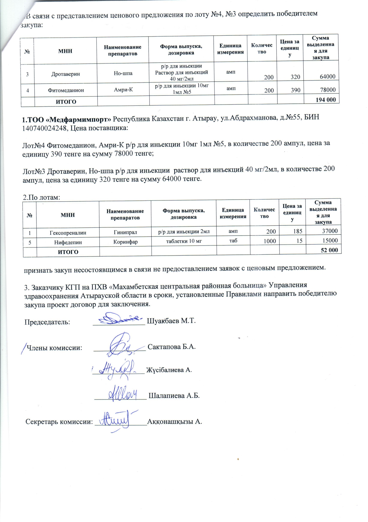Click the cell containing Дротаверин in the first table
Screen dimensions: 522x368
point(65,74)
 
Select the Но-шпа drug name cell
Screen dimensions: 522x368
point(123,73)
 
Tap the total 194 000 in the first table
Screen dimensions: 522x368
point(325,99)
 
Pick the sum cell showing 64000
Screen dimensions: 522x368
point(327,76)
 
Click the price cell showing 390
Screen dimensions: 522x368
point(295,90)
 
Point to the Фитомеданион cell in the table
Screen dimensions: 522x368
point(66,90)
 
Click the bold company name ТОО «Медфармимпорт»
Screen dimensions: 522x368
point(66,119)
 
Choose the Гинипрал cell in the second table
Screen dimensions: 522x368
point(125,232)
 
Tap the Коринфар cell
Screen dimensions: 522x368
point(125,242)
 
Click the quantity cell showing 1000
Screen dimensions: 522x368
point(269,241)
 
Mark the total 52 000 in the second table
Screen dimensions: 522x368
point(329,250)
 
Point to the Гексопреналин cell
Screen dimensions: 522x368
point(68,233)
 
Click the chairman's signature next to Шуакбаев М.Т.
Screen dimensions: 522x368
point(118,319)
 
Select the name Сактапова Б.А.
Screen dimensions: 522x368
point(172,347)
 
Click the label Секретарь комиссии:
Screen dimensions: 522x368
point(59,422)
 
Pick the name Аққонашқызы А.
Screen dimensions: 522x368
point(175,422)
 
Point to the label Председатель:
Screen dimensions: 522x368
point(47,322)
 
